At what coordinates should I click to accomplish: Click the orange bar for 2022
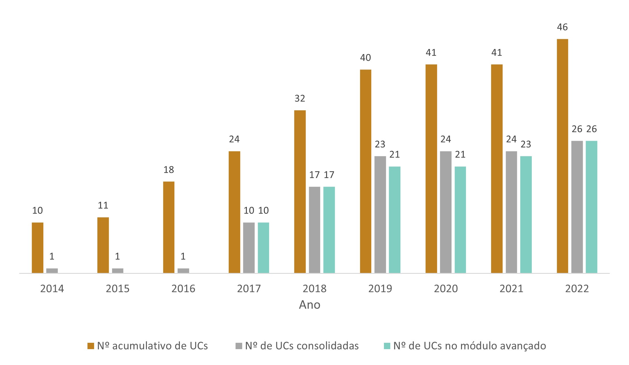click(x=562, y=156)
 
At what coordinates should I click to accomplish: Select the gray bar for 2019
click(x=380, y=214)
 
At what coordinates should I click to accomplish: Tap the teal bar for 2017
click(x=263, y=248)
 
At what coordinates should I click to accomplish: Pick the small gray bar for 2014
click(x=52, y=271)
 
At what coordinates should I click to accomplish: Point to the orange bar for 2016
click(x=169, y=227)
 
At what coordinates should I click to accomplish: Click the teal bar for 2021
click(x=526, y=214)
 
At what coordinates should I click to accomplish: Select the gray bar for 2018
click(x=314, y=230)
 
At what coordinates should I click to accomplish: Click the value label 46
click(x=562, y=27)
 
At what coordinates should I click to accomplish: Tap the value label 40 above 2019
click(x=365, y=58)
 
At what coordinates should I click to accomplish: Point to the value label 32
click(x=300, y=98)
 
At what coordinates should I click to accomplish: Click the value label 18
click(x=169, y=170)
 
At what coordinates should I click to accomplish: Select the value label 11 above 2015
click(x=103, y=205)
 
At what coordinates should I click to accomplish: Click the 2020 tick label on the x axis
click(x=446, y=289)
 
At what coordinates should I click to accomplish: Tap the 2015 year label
click(x=117, y=289)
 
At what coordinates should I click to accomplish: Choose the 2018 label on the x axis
click(x=314, y=289)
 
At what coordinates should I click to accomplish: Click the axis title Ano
click(x=309, y=305)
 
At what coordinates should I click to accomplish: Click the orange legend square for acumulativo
click(x=91, y=346)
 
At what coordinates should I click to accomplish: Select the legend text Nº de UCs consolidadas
click(x=302, y=346)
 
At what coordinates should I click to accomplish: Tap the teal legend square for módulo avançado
click(x=387, y=346)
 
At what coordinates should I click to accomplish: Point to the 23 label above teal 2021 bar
click(x=526, y=144)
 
